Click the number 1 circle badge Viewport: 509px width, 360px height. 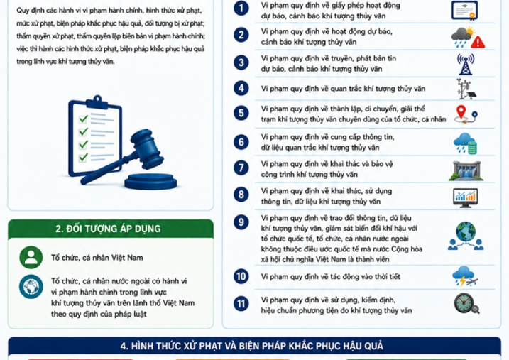(241, 8)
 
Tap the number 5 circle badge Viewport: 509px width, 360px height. (241, 113)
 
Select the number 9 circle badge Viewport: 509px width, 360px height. (241, 222)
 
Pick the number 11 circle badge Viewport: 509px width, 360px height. (241, 304)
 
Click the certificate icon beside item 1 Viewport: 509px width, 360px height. (464, 11)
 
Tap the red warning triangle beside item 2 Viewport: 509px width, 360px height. (478, 42)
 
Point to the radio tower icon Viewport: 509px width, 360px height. (466, 64)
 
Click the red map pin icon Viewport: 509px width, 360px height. (461, 112)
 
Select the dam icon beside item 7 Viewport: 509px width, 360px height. (466, 170)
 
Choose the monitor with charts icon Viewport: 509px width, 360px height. (465, 197)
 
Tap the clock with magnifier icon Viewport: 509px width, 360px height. (466, 303)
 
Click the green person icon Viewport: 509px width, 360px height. (31, 258)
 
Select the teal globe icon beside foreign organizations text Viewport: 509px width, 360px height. (31, 287)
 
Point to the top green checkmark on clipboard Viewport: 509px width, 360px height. (84, 119)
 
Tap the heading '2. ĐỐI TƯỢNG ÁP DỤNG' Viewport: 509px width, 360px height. (108, 229)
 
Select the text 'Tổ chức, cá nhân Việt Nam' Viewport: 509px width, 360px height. (97, 258)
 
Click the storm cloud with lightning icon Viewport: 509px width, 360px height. (465, 276)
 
